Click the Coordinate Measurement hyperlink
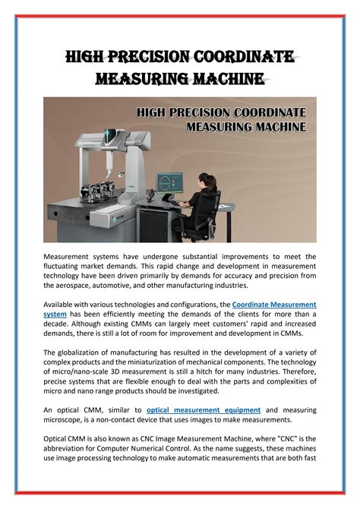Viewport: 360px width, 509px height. coord(273,304)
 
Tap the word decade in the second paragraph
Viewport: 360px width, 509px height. coord(59,324)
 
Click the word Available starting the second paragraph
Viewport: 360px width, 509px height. coord(62,304)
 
